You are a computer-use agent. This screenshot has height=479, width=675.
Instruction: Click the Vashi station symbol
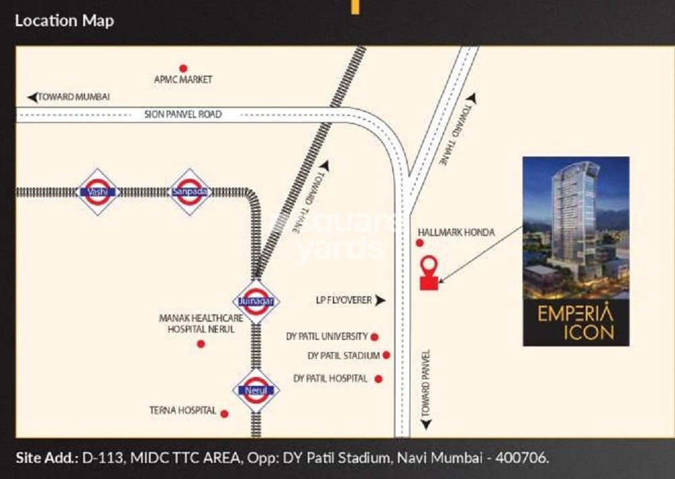pyautogui.click(x=99, y=192)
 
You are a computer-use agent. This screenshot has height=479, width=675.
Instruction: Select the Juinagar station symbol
pyautogui.click(x=256, y=301)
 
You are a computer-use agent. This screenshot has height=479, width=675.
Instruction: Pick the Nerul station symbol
pyautogui.click(x=256, y=391)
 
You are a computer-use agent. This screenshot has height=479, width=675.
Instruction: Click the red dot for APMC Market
pyautogui.click(x=183, y=68)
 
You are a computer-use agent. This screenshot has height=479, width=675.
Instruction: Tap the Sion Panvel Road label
pyautogui.click(x=182, y=115)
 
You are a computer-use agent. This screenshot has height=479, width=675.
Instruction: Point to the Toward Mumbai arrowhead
pyautogui.click(x=32, y=97)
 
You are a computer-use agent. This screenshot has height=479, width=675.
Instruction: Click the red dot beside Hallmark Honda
pyautogui.click(x=420, y=243)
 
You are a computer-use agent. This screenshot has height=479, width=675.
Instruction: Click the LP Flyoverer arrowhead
pyautogui.click(x=381, y=300)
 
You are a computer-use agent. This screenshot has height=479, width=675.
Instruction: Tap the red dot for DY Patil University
pyautogui.click(x=375, y=337)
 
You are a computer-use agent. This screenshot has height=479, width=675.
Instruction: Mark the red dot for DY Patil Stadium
pyautogui.click(x=386, y=355)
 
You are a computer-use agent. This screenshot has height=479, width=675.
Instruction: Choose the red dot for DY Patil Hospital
pyautogui.click(x=379, y=379)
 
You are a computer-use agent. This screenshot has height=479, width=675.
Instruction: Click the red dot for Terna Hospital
pyautogui.click(x=224, y=414)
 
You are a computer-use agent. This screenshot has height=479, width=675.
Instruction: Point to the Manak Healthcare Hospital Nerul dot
pyautogui.click(x=200, y=344)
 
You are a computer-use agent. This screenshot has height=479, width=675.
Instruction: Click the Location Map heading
pyautogui.click(x=64, y=20)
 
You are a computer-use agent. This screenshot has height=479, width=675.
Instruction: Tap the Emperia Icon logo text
pyautogui.click(x=576, y=322)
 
